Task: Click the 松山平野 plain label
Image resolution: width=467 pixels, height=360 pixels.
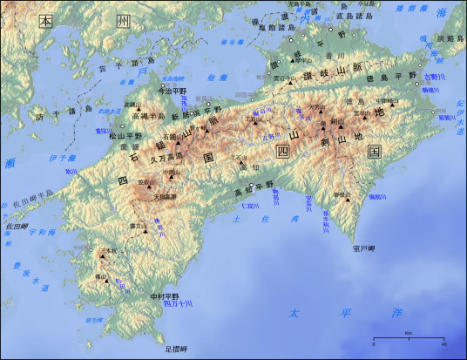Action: tap(125, 136)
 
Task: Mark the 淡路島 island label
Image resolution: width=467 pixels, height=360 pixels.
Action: tap(450, 38)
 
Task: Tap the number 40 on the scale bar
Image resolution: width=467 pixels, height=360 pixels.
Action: tap(443, 344)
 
